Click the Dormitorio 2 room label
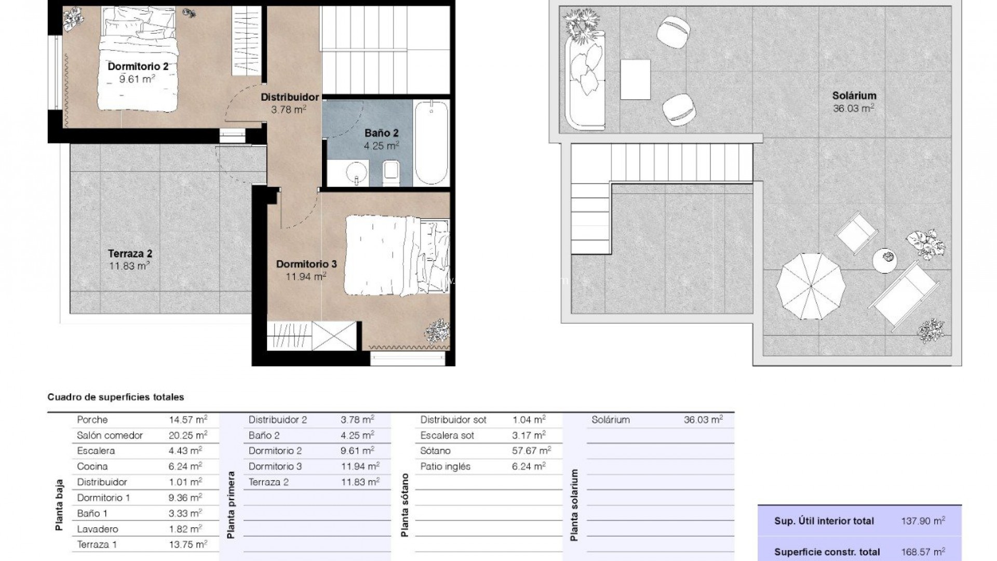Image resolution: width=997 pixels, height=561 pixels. coord(138,66)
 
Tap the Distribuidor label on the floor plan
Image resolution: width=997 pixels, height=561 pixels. coord(290,97)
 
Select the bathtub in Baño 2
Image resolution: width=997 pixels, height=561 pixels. coord(432,143)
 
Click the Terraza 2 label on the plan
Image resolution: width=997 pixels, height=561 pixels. coord(130,254)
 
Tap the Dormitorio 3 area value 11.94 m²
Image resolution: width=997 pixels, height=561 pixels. coord(306,276)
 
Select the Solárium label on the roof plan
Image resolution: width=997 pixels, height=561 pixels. coord(854,96)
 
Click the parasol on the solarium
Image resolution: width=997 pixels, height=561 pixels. coord(810,286)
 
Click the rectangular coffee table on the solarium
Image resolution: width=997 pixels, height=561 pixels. coord(636,79)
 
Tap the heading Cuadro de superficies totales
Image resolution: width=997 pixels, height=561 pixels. coord(116,397)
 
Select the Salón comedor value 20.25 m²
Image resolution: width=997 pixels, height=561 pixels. coord(188,435)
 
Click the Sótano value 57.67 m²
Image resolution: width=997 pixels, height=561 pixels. coord(532,451)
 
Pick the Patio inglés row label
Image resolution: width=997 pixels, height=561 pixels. coord(446,466)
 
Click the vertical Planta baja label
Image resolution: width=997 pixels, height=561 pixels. coord(59,505)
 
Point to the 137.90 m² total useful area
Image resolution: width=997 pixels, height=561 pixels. coord(923,521)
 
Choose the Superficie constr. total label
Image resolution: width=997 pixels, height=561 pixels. coord(827,552)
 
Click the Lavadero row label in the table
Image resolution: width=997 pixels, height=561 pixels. coord(98,529)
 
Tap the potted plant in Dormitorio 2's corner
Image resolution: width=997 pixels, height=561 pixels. coord(73,18)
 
